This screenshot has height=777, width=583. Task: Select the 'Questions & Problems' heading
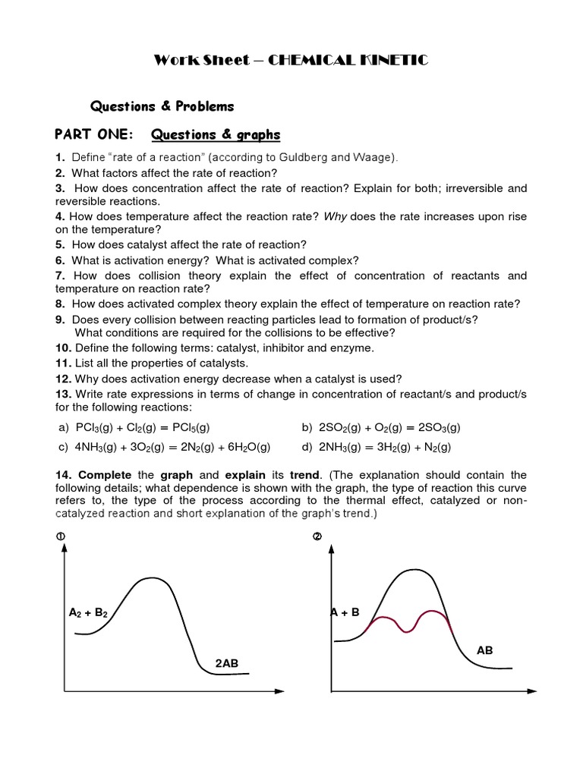(x=162, y=106)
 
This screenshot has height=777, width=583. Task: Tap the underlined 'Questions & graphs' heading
(x=216, y=135)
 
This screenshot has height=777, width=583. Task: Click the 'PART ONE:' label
(x=93, y=135)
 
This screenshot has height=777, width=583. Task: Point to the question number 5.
(x=59, y=244)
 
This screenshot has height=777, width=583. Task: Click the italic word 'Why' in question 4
(x=336, y=216)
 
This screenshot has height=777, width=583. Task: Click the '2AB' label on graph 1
(x=226, y=663)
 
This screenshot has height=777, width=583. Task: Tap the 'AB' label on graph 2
(x=484, y=650)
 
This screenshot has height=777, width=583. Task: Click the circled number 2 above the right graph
(x=317, y=537)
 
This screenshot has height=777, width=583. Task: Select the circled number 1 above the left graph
(x=60, y=537)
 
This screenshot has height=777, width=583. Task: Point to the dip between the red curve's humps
(x=410, y=631)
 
